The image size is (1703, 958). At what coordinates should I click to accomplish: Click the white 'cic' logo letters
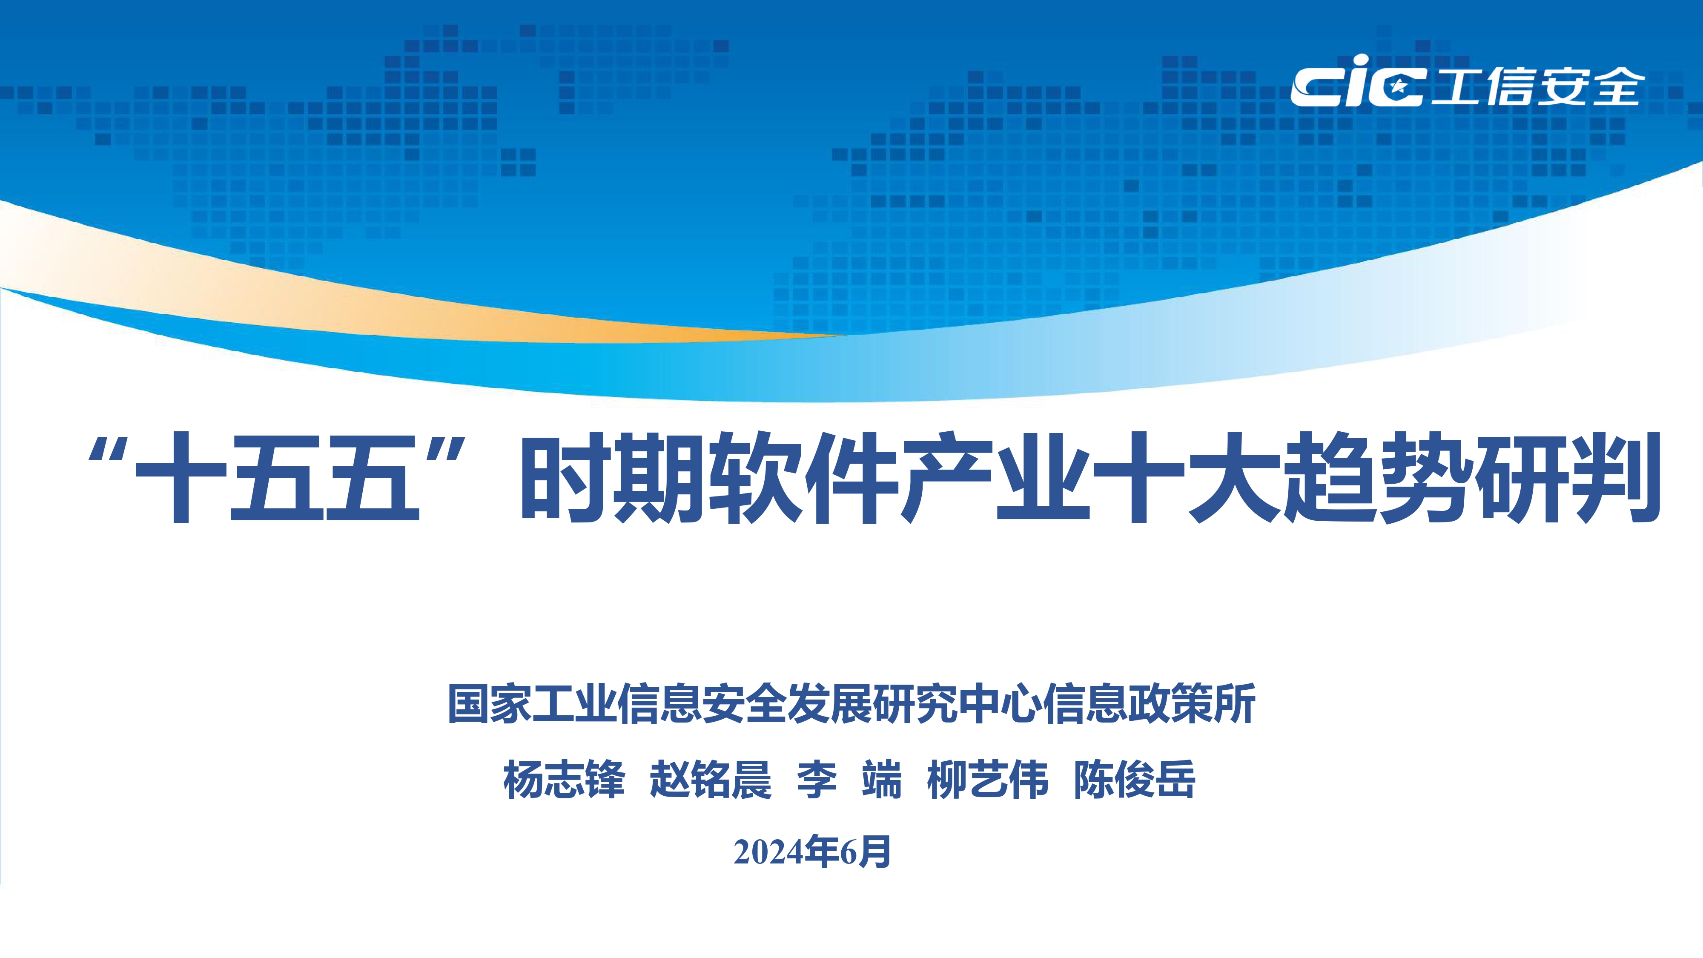click(x=1356, y=83)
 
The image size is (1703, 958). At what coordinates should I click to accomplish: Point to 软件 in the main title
click(x=803, y=477)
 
